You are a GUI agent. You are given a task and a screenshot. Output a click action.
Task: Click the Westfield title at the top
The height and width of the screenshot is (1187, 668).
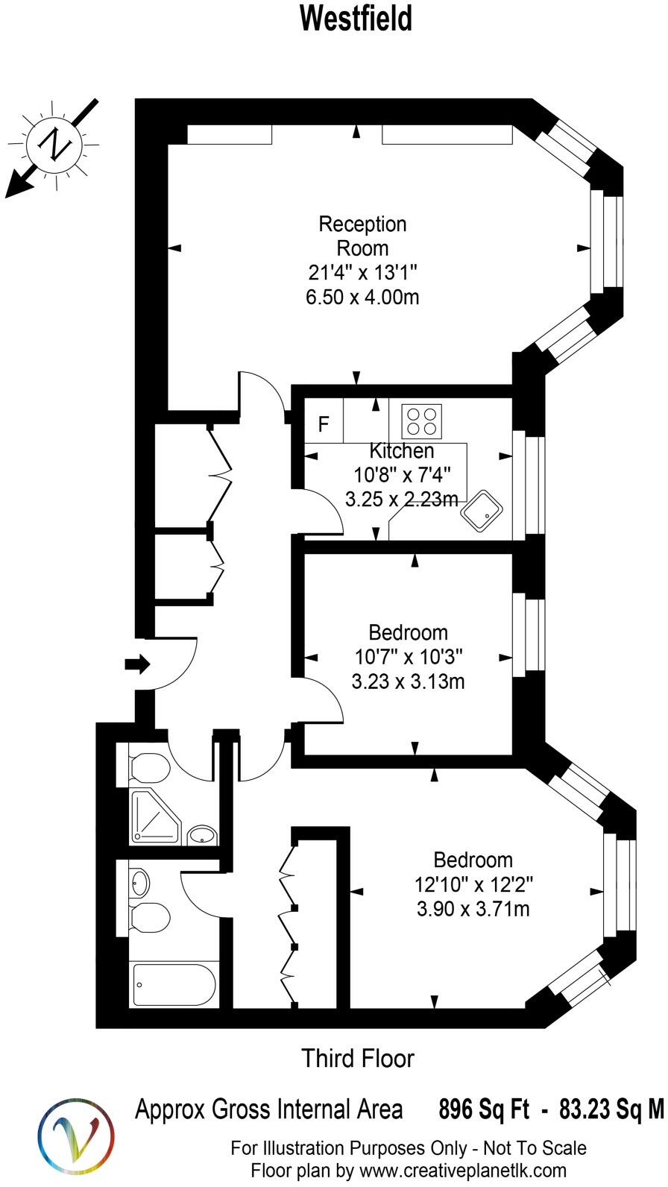356,19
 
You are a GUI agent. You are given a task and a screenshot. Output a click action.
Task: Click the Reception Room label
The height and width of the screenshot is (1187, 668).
362,236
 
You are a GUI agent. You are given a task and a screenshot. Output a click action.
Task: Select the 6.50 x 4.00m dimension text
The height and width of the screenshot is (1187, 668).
362,297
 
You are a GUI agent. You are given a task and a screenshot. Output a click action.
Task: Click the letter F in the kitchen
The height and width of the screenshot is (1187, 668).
324,424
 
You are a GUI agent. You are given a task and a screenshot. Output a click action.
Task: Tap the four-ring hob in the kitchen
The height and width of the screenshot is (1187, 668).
421,421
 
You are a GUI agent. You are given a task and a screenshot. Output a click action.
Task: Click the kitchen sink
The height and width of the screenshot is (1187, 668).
482,511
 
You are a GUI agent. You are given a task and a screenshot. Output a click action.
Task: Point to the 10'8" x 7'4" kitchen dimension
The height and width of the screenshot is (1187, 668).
401,474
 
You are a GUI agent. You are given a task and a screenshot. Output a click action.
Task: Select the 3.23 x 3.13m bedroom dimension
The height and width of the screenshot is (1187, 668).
408,681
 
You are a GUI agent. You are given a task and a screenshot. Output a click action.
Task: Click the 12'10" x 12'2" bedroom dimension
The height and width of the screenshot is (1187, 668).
473,885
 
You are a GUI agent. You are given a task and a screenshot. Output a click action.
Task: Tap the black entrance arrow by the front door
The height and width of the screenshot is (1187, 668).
138,663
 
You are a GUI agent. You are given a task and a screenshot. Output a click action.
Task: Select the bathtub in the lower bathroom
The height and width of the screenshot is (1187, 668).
174,985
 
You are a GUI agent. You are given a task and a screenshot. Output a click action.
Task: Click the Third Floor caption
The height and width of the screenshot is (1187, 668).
357,1058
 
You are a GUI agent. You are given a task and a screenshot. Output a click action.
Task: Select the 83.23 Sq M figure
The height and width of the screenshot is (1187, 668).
611,1109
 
